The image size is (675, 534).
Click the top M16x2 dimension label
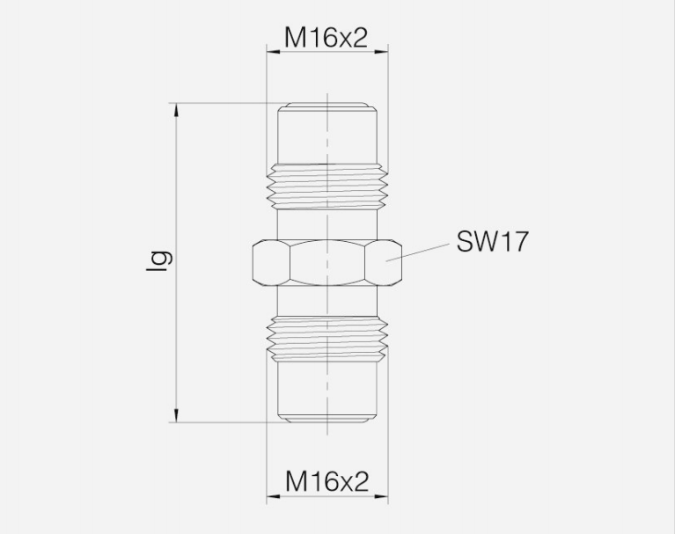coord(326,38)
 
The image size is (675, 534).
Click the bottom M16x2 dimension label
coord(326,481)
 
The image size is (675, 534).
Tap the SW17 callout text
coord(492,241)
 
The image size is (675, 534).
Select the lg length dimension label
coord(158,260)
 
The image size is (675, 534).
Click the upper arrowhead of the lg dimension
coord(176,110)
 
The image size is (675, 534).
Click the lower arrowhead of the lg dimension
coord(176,415)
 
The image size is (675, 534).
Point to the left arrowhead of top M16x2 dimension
coord(274,52)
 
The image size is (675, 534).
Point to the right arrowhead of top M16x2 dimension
coord(381,52)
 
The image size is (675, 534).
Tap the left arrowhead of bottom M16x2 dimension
coord(274,496)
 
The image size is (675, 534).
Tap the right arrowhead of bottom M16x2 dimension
coord(381,496)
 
